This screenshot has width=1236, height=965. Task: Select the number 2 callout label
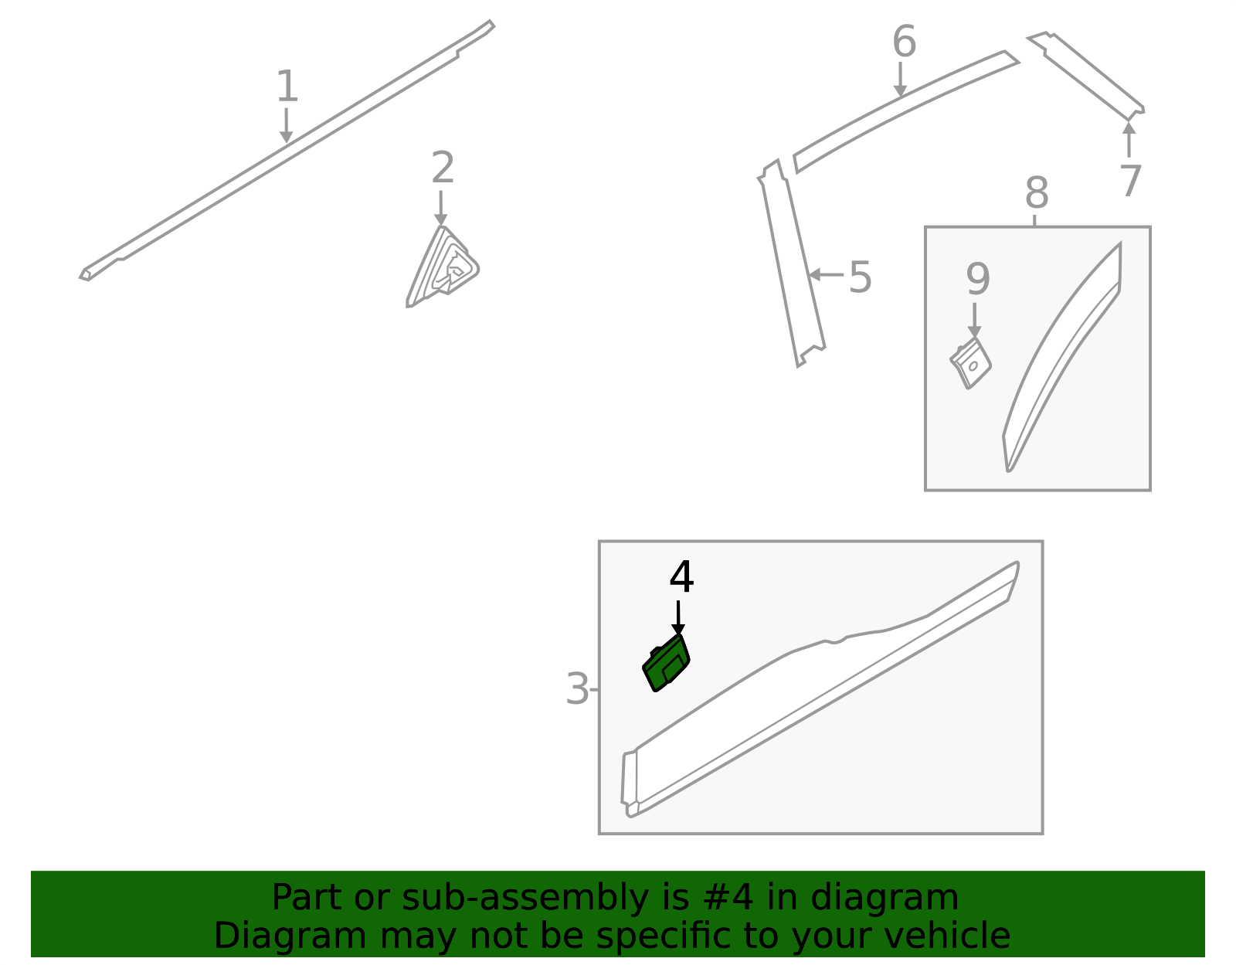[443, 167]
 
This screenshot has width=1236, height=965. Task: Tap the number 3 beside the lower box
[577, 689]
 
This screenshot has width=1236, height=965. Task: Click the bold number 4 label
[681, 576]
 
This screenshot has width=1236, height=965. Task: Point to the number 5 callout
[860, 277]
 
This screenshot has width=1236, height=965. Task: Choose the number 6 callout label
[905, 42]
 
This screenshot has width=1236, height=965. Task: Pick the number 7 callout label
[1130, 181]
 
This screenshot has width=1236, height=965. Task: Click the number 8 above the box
[1037, 193]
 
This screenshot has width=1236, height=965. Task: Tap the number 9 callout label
[978, 279]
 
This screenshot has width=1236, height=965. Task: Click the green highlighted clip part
[666, 664]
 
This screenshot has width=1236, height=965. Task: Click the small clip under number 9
[971, 363]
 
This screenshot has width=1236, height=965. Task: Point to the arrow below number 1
[286, 126]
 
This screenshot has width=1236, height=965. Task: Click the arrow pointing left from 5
[826, 274]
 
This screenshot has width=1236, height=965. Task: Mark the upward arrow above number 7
[1129, 139]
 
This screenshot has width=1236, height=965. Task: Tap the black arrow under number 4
[678, 617]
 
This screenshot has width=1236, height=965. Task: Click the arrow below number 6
[900, 80]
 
